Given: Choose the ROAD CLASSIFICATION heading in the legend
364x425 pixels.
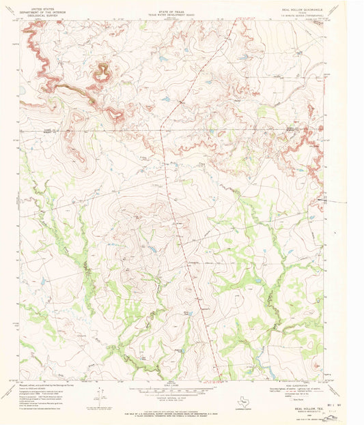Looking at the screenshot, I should (294, 386).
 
